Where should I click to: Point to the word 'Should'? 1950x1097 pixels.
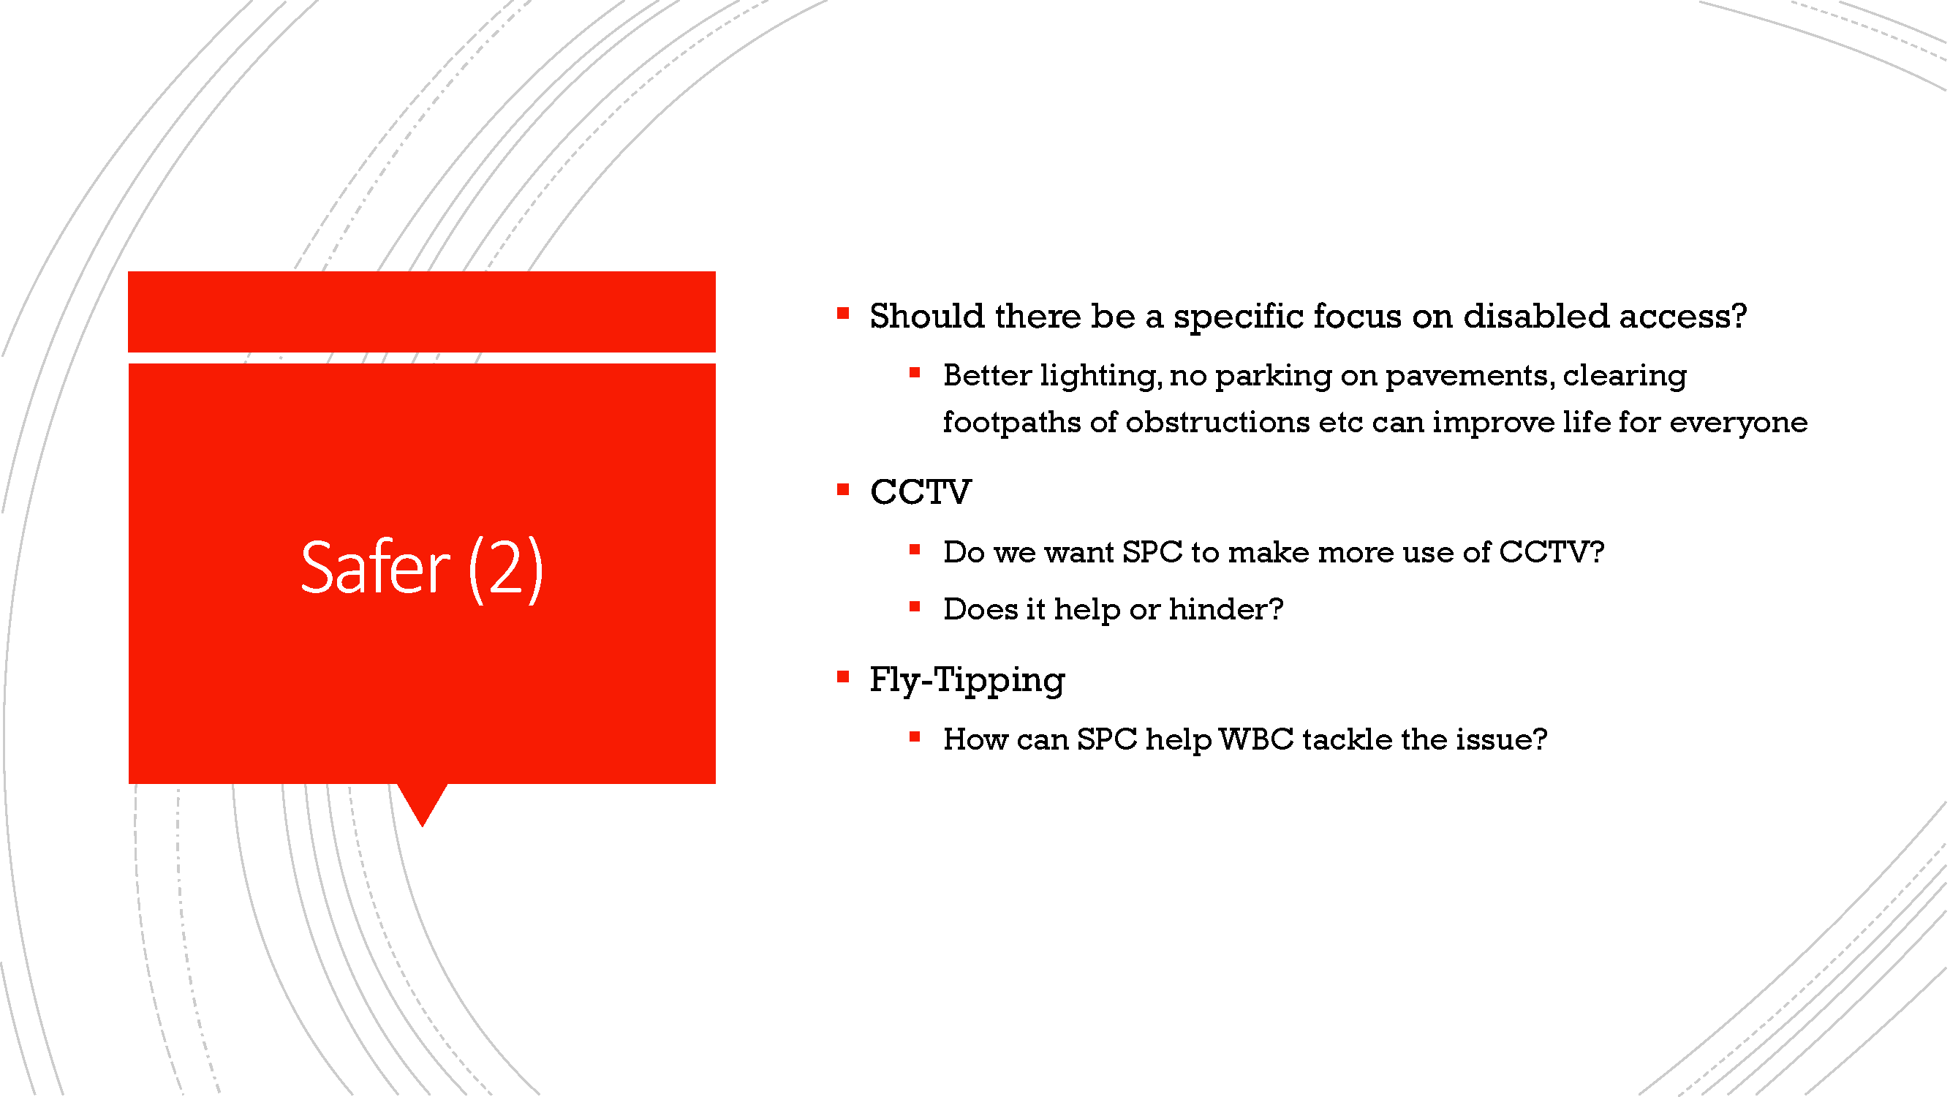coord(926,316)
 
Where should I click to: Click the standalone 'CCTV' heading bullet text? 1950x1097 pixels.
coord(921,492)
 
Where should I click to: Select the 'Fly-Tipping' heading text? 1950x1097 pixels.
coord(967,681)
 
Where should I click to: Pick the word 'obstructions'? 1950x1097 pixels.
coord(1217,422)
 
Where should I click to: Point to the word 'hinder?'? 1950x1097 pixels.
coord(1225,608)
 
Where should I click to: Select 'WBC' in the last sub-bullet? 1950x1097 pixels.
coord(1256,739)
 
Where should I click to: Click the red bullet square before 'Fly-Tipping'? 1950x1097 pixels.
coord(842,676)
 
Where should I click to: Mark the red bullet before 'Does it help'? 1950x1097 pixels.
coord(915,606)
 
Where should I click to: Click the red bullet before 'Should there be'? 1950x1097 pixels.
coord(842,313)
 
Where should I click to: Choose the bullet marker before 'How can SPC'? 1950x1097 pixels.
coord(915,736)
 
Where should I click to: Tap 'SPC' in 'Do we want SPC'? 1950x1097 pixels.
coord(1152,553)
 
